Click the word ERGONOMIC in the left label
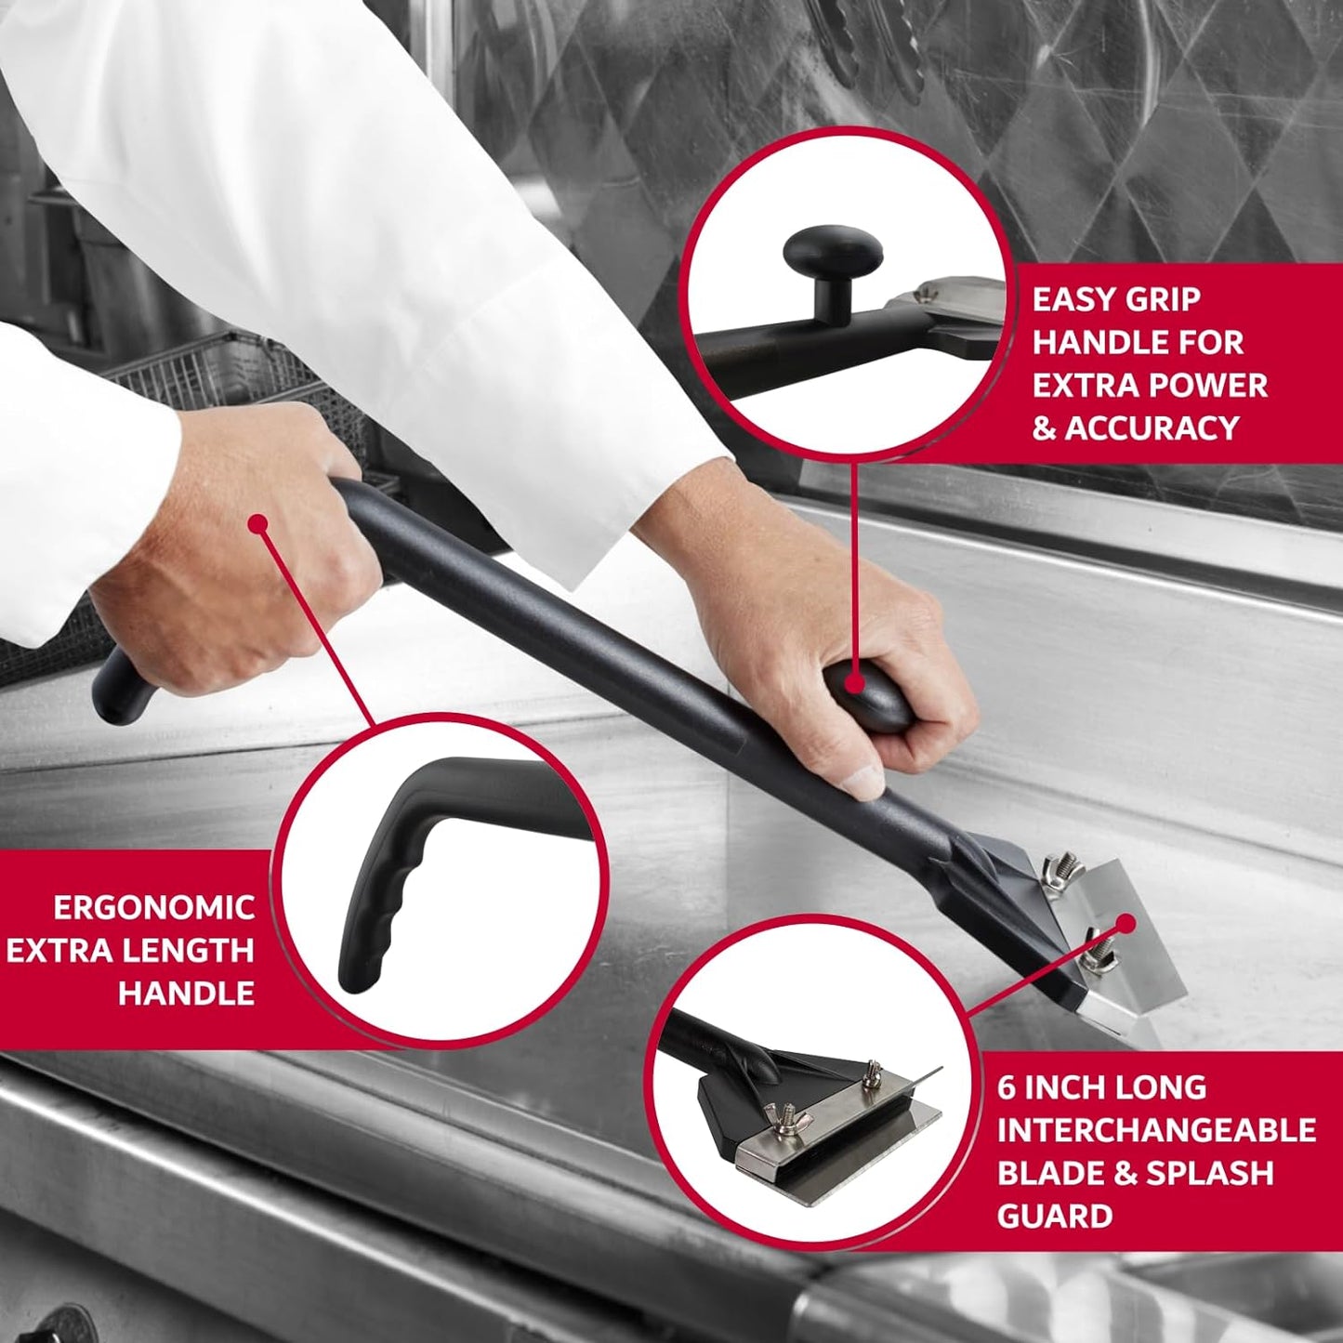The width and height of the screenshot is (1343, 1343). (153, 907)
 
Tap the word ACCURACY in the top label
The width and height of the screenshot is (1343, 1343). (1152, 428)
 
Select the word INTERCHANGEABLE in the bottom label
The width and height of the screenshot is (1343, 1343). (1156, 1130)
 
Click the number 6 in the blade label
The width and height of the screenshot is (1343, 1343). (1006, 1087)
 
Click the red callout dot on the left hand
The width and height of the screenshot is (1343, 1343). (258, 524)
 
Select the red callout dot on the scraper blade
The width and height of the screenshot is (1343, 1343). (1126, 923)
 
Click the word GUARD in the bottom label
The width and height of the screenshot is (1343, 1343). (1054, 1216)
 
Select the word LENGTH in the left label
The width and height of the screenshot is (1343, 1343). (196, 950)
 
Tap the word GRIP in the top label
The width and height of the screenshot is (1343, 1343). (1161, 299)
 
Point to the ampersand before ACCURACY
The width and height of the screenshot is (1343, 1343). (1044, 428)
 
